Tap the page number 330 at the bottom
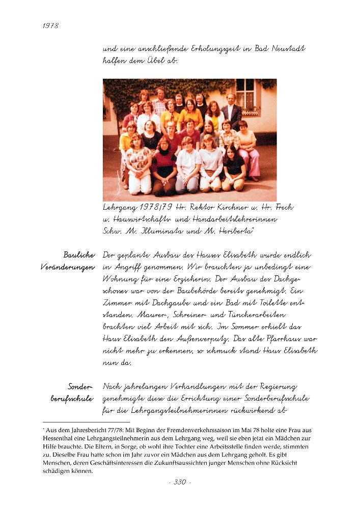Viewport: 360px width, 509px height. pyautogui.click(x=180, y=482)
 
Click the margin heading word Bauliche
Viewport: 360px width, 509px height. pyautogui.click(x=79, y=254)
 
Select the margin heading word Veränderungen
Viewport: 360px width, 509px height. pyautogui.click(x=68, y=267)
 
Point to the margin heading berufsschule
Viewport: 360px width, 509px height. pyautogui.click(x=72, y=399)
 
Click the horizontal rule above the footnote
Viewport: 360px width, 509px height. pyautogui.click(x=86, y=422)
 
